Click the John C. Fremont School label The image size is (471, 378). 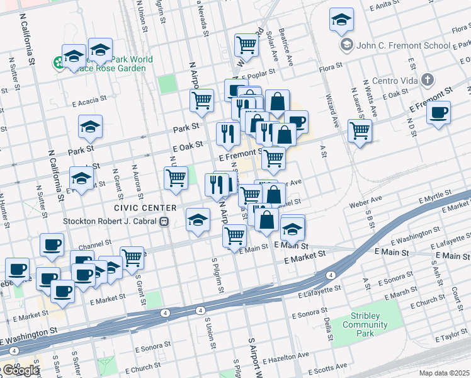(403, 45)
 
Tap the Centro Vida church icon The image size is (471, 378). (428, 80)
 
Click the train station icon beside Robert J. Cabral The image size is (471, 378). (164, 221)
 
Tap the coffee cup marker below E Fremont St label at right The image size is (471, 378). (438, 113)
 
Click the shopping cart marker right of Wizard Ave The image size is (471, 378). (360, 130)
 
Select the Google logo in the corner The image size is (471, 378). (20, 370)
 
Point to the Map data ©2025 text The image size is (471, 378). (445, 373)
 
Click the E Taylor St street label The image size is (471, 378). (451, 338)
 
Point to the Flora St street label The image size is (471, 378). (330, 65)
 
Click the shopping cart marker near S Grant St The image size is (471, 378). (132, 256)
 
